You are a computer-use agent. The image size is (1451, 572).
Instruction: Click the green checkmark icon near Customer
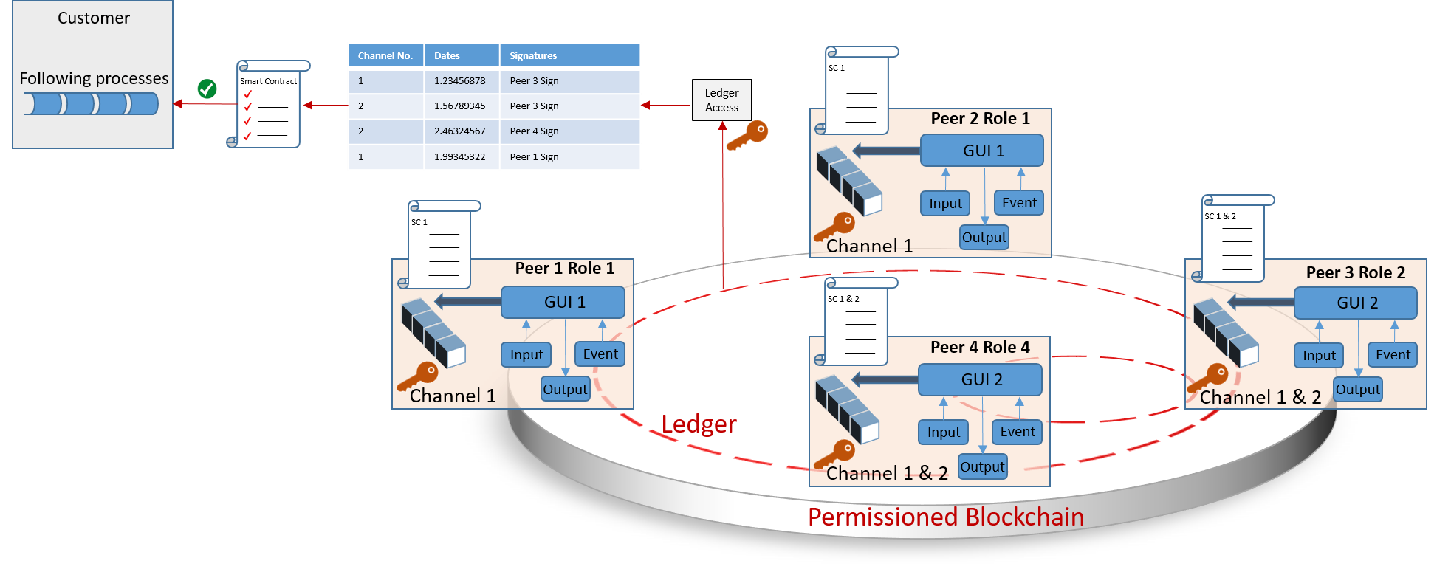pos(207,89)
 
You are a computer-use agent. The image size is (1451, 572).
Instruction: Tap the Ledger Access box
pos(721,100)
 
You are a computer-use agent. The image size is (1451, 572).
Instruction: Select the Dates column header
pos(462,55)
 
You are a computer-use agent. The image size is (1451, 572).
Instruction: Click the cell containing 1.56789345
pos(460,106)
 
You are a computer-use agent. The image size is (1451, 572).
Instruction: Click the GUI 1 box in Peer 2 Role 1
pos(982,151)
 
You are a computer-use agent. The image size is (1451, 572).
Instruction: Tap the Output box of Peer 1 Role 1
pos(565,389)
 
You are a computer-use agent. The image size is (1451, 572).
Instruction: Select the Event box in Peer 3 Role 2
pos(1392,355)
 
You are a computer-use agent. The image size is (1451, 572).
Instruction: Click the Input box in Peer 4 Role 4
pos(943,432)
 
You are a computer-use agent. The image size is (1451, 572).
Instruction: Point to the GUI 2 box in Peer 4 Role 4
pos(981,379)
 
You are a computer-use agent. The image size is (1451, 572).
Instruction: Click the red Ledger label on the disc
pos(699,424)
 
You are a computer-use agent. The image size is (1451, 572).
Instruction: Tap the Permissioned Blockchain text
pos(945,517)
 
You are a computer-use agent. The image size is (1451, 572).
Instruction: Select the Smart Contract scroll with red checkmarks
pos(268,106)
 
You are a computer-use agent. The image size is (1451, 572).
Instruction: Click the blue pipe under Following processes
pos(91,103)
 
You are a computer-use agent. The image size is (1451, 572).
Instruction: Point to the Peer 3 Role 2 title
pos(1355,272)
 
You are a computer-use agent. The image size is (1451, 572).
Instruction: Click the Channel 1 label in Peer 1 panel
pos(452,396)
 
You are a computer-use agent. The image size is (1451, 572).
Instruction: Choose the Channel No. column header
pos(385,55)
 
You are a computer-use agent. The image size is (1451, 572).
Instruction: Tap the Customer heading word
pos(94,18)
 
